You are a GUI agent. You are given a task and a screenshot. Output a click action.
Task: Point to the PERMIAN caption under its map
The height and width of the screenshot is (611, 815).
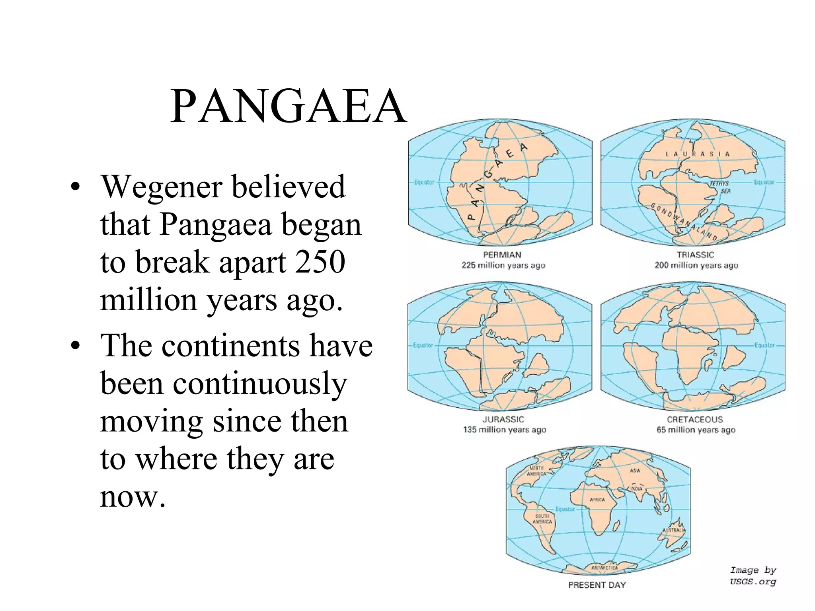pos(502,255)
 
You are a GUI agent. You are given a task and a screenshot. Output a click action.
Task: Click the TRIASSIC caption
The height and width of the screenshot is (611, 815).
pos(695,255)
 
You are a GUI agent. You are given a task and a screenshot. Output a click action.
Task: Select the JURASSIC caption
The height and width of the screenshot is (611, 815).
pos(503,419)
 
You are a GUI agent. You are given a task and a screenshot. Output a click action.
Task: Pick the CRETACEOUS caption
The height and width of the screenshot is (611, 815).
pos(694,419)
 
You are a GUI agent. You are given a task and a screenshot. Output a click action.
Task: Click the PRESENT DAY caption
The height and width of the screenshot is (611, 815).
pos(597,585)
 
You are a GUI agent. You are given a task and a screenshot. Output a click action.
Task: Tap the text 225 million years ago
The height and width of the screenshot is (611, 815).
pos(503,265)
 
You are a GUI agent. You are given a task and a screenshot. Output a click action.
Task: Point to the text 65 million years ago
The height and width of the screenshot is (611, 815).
pos(696,430)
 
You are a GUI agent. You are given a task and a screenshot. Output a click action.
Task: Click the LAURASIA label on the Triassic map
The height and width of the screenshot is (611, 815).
pos(698,154)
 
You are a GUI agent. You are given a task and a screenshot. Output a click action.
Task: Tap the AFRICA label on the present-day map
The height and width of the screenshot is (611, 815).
pos(597,500)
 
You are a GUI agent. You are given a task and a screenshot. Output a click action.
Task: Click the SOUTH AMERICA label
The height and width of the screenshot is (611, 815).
pos(542,519)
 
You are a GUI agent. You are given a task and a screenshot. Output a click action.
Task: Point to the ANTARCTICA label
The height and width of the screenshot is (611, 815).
pos(604,568)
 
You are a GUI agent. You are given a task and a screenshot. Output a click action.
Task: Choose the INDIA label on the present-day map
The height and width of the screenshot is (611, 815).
pos(636,488)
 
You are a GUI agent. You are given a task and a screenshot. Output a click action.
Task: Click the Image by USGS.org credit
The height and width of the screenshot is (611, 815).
pos(753,576)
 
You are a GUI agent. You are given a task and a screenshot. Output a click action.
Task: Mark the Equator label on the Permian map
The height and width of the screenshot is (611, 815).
pos(424,182)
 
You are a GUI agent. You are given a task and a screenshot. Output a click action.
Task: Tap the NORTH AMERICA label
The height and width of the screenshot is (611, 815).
pos(536,471)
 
